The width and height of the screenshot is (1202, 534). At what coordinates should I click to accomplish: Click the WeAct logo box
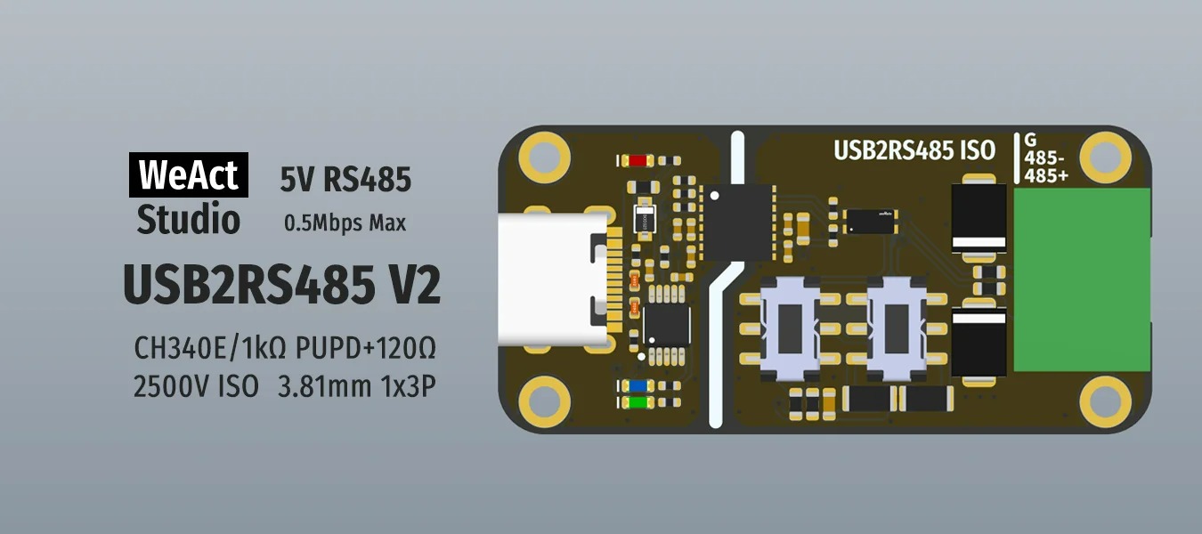click(x=189, y=175)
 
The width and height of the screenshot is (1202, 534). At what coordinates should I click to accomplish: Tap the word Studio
click(x=188, y=219)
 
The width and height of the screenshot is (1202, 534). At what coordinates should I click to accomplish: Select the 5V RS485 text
click(x=345, y=180)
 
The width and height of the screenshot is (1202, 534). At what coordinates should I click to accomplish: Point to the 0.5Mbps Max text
click(x=345, y=223)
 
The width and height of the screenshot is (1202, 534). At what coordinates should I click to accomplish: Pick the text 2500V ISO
click(x=196, y=386)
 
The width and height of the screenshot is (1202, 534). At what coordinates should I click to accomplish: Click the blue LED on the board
click(x=637, y=386)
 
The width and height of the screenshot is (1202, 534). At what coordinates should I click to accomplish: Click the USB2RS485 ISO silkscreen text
click(x=914, y=150)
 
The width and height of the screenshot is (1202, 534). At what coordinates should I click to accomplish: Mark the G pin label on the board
click(x=1031, y=141)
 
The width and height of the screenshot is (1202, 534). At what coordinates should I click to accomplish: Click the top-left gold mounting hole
click(x=543, y=151)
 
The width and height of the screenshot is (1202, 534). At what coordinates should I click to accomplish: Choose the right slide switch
click(x=897, y=328)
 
